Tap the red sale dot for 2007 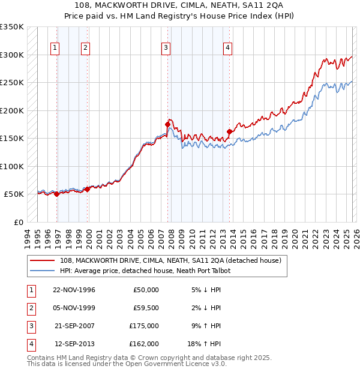point(168,124)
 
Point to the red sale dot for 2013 point(229,131)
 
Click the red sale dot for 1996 point(56,194)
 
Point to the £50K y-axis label point(14,194)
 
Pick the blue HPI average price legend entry point(145,271)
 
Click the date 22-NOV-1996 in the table point(74,290)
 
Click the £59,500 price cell point(146,308)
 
